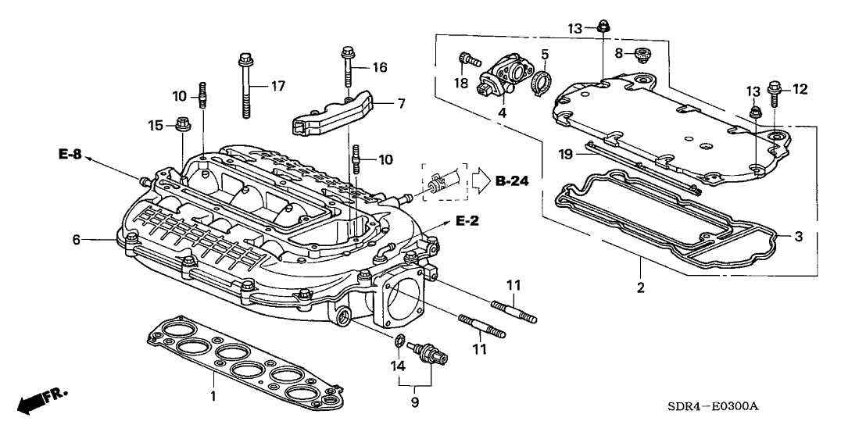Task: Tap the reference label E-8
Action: click(70, 154)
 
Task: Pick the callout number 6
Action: click(77, 240)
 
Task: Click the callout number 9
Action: click(414, 402)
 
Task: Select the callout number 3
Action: click(798, 235)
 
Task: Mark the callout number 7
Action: click(401, 103)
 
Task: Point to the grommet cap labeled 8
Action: click(644, 53)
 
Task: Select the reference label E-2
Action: click(467, 222)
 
